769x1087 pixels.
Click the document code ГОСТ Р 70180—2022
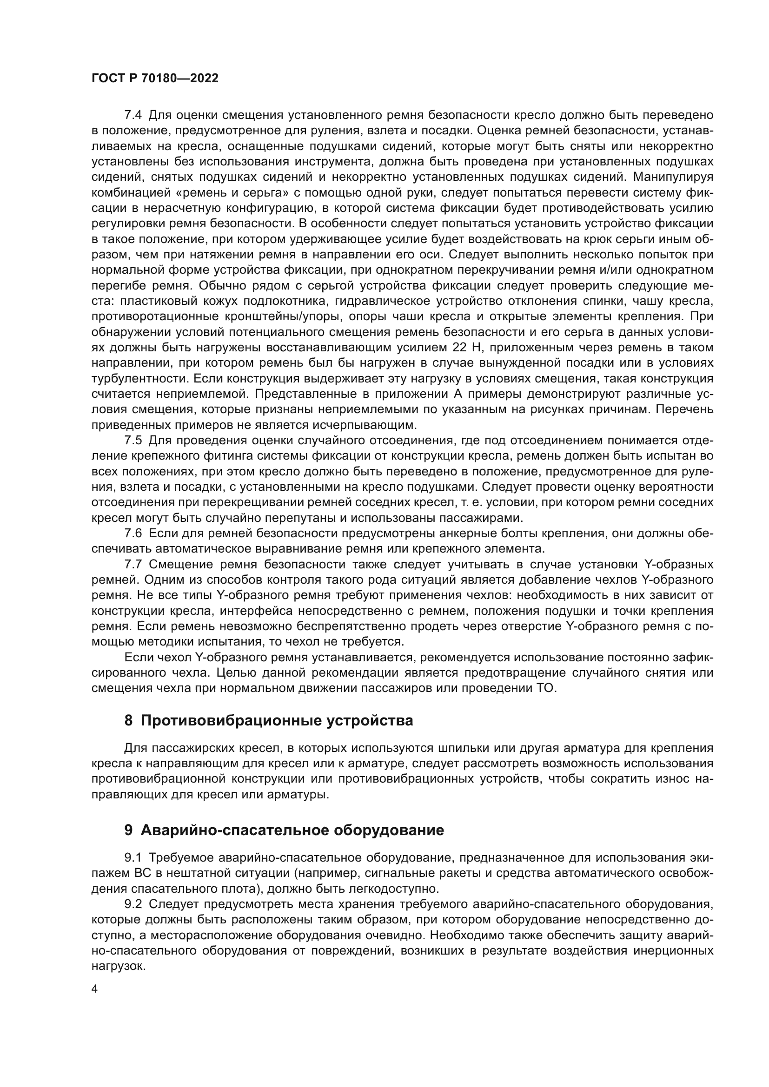155,79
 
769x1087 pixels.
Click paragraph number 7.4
133,115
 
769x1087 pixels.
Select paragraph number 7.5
133,441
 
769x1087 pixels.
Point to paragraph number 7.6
133,534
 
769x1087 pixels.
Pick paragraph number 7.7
133,564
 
